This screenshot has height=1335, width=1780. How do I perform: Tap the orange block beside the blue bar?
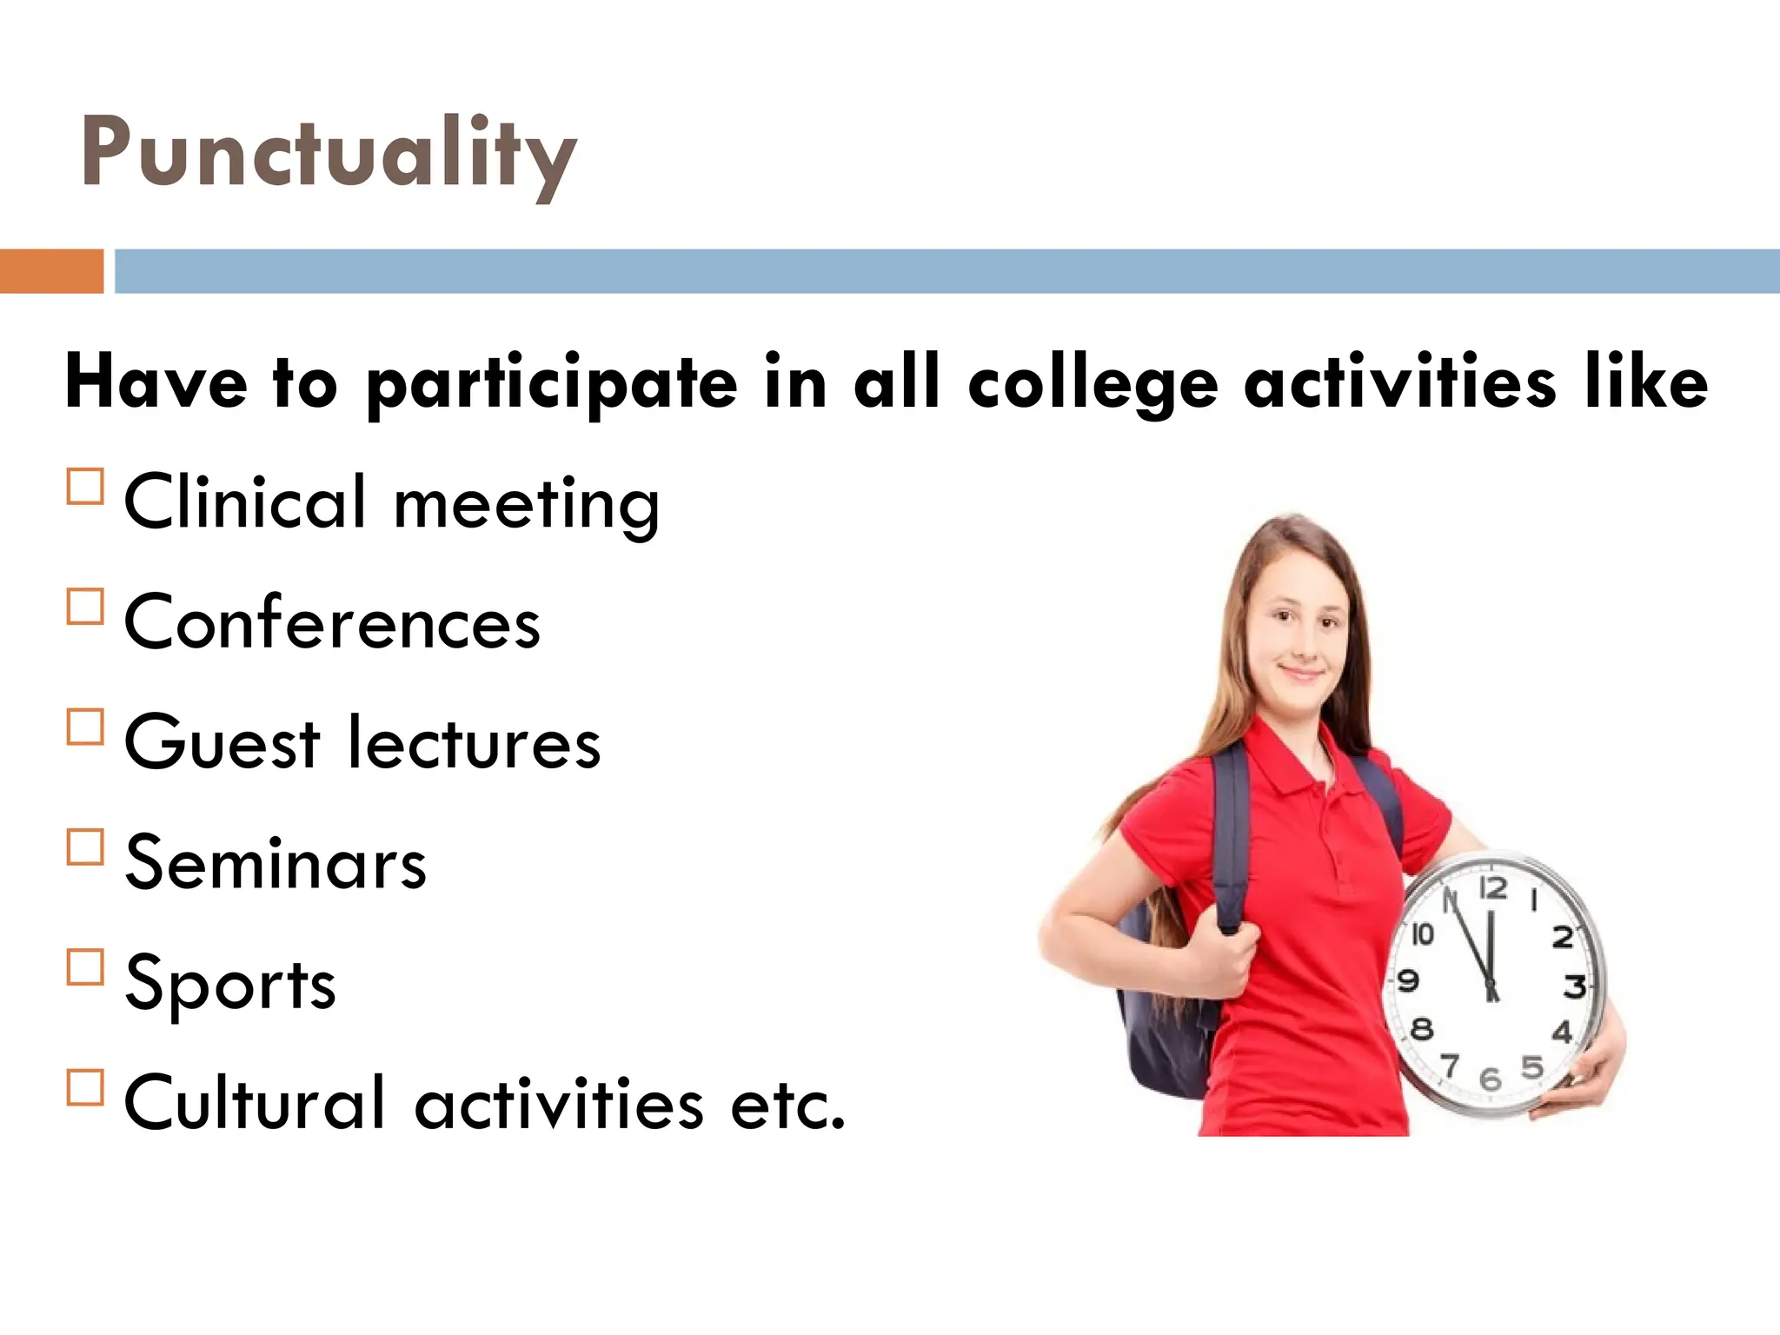[51, 271]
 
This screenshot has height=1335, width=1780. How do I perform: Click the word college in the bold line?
[1093, 384]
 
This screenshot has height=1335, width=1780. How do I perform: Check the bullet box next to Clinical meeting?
[85, 487]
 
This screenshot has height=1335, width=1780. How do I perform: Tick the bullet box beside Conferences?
[85, 607]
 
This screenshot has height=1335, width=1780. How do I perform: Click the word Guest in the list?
[222, 743]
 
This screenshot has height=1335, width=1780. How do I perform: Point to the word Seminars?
[276, 863]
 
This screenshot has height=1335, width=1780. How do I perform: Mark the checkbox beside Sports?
[85, 966]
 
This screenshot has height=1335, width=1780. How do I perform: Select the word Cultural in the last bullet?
[254, 1103]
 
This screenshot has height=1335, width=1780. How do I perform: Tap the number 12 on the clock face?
[1493, 888]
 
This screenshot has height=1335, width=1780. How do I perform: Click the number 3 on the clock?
[1574, 987]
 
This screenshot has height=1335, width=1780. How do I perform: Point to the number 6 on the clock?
[1490, 1079]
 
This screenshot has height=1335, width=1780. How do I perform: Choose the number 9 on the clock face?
[1408, 981]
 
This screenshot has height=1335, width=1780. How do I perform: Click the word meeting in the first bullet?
[526, 504]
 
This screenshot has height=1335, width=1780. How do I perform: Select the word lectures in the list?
[474, 743]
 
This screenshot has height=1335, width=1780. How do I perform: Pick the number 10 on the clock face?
[1422, 934]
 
